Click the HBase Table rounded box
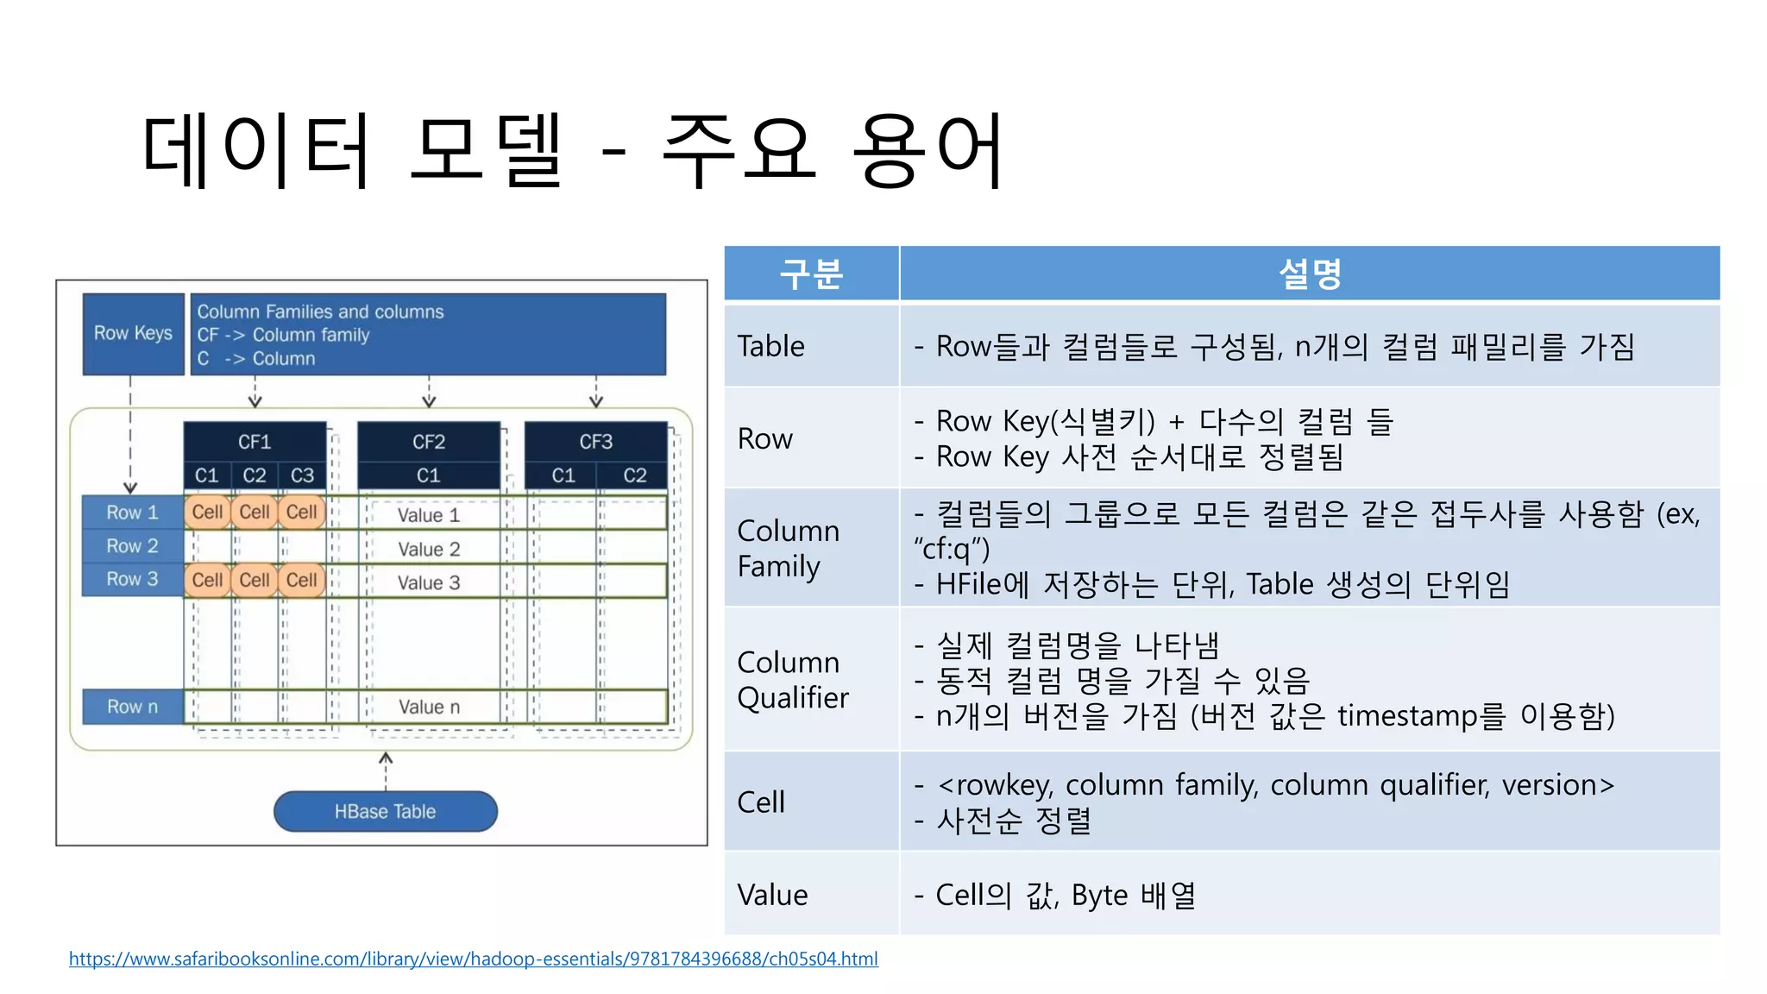[x=385, y=811]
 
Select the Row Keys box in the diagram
[x=133, y=334]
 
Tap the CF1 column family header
[x=255, y=442]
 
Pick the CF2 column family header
[x=429, y=442]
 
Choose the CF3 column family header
[x=595, y=442]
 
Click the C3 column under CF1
[x=302, y=475]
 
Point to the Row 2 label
[x=132, y=546]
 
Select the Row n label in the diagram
[x=132, y=707]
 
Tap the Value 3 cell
[x=429, y=582]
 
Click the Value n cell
[x=429, y=707]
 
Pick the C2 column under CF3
[x=634, y=475]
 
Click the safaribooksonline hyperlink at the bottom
[x=473, y=959]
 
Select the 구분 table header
[x=811, y=274]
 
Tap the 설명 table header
[x=1309, y=274]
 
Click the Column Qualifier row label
[x=793, y=680]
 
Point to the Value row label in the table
[x=772, y=895]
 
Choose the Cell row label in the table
[x=761, y=802]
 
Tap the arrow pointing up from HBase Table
[x=386, y=768]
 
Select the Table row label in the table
[x=770, y=346]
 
